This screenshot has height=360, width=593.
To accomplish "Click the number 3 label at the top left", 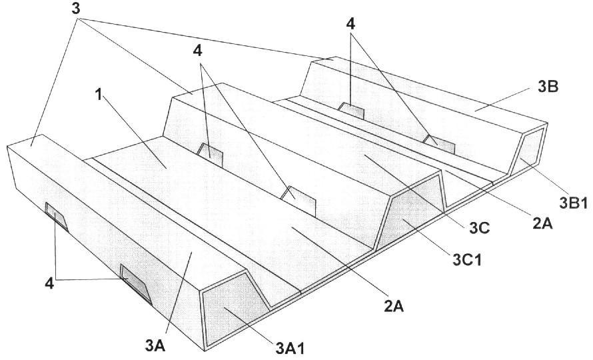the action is coord(76,8).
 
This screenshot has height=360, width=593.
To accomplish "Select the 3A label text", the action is coord(155,345).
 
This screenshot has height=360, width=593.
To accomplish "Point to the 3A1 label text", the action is coord(290,347).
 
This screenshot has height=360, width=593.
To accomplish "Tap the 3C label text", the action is coord(479,228).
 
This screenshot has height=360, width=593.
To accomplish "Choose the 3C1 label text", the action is coord(468,260).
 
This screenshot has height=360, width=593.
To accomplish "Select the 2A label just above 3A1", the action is coord(394,306).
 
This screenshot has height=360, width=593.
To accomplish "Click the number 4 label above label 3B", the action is coord(350,24).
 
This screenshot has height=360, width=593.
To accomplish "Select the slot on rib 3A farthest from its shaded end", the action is coord(57,217).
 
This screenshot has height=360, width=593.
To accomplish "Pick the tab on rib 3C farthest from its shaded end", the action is coord(210,155).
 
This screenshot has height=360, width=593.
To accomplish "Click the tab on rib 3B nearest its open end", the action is coord(439,144).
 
